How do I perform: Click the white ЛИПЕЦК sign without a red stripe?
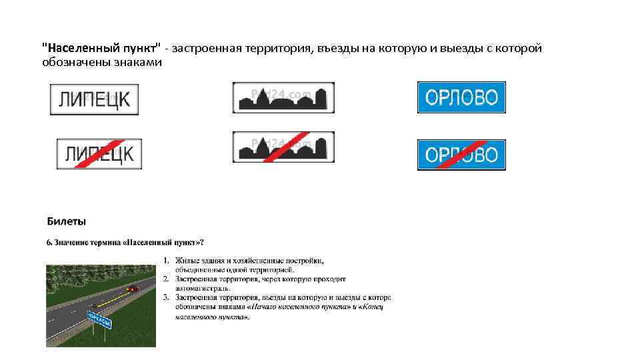point(94,99)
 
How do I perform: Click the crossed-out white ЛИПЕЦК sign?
point(99,154)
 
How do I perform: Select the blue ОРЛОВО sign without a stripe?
point(461,97)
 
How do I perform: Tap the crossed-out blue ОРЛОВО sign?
point(461,155)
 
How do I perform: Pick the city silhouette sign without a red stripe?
point(283,98)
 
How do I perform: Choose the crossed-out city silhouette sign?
point(283,147)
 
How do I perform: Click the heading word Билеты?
point(66,221)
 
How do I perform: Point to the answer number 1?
point(165,259)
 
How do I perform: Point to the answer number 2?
point(165,278)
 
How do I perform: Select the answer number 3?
point(165,297)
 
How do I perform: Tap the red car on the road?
point(132,289)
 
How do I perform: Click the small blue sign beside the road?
point(100,320)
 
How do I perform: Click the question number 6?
point(49,241)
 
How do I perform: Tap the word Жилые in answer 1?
point(187,259)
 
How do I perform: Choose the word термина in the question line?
point(105,241)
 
